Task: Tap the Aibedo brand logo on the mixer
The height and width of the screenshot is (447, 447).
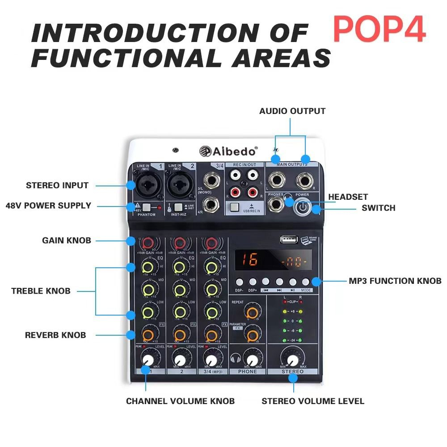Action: click(228, 151)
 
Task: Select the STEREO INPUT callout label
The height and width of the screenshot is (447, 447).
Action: click(57, 185)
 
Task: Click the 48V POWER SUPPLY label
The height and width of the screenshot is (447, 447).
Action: click(48, 206)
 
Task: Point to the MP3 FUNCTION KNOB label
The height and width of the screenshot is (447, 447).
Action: click(395, 281)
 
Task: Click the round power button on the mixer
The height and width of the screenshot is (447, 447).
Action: click(303, 207)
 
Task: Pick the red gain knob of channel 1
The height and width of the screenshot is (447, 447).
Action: click(146, 243)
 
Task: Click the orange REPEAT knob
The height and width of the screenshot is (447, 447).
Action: click(253, 312)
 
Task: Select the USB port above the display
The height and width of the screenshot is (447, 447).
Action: click(289, 240)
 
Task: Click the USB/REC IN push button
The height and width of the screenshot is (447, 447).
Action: click(235, 207)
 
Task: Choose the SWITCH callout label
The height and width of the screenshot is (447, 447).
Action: click(378, 208)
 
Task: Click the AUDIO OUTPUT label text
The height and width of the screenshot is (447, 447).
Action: click(292, 111)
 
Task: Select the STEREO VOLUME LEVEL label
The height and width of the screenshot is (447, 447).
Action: click(312, 401)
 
